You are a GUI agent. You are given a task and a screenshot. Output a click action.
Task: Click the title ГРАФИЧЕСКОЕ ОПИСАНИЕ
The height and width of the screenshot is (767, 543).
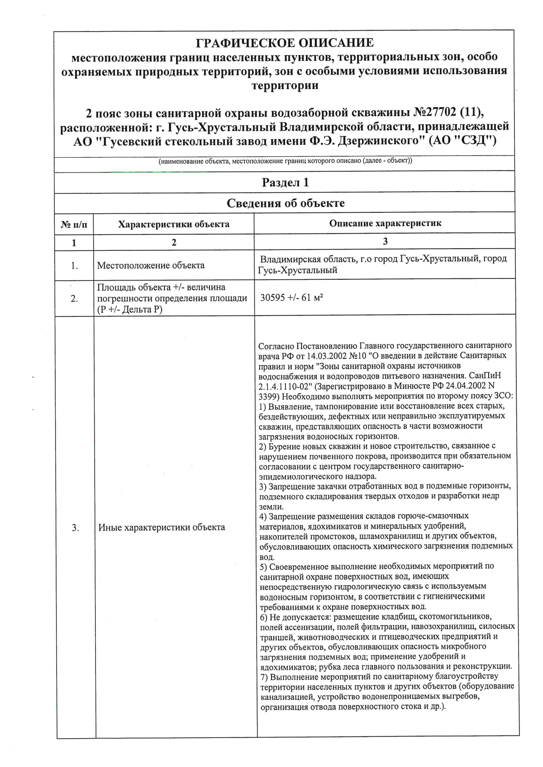tap(285, 43)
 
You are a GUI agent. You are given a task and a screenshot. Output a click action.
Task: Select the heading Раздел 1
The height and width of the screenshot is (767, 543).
tap(285, 183)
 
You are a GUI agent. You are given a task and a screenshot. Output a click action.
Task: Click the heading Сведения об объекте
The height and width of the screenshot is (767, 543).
tap(285, 203)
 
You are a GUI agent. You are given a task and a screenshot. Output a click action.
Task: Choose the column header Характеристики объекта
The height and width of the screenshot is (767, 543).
tap(173, 224)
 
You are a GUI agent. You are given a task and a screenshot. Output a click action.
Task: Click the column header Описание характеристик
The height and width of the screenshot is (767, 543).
tap(385, 223)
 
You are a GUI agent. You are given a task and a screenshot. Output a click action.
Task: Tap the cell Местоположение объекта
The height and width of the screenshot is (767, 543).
tap(151, 265)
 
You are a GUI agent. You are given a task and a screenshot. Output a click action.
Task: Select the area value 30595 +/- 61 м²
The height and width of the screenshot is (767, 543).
tap(291, 298)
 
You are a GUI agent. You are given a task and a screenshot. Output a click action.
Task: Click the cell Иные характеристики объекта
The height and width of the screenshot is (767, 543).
tap(162, 527)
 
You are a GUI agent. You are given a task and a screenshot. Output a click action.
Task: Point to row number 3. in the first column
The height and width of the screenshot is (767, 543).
tap(75, 527)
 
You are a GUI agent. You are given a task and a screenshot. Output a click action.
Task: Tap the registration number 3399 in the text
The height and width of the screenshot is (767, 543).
tap(267, 396)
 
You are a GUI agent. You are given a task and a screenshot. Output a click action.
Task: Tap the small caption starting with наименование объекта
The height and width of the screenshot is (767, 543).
tap(285, 161)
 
